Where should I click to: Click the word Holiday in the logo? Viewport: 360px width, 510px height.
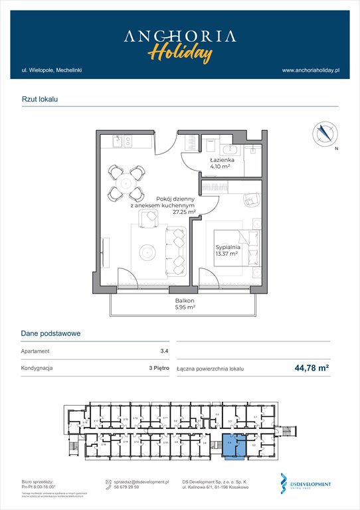[x=180, y=52]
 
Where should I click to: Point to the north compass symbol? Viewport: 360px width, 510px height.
[x=325, y=133]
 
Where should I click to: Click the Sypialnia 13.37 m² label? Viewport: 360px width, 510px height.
[x=227, y=252]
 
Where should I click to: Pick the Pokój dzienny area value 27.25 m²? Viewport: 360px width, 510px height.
[x=183, y=212]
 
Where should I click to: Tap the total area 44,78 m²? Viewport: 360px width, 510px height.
[x=312, y=367]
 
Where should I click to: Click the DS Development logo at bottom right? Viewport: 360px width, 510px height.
[x=306, y=484]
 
